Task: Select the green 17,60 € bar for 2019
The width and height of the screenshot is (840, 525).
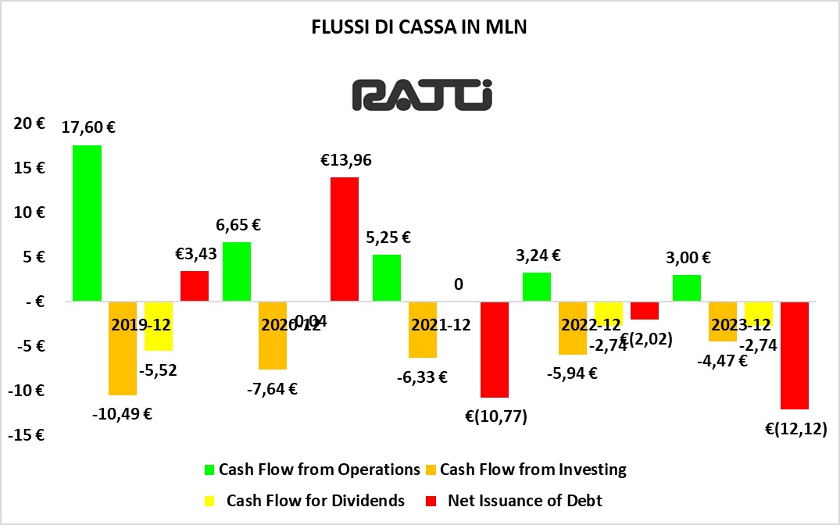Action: coord(87,223)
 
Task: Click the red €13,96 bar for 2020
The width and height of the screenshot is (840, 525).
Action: coord(345,239)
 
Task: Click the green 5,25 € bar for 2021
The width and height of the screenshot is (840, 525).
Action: coord(386,277)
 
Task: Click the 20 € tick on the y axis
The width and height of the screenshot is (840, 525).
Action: coord(28,123)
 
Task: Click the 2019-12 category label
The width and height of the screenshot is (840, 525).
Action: coord(142,324)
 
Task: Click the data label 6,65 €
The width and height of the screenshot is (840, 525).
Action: coord(238,225)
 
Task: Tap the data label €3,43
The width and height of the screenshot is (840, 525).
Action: coord(195,253)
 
